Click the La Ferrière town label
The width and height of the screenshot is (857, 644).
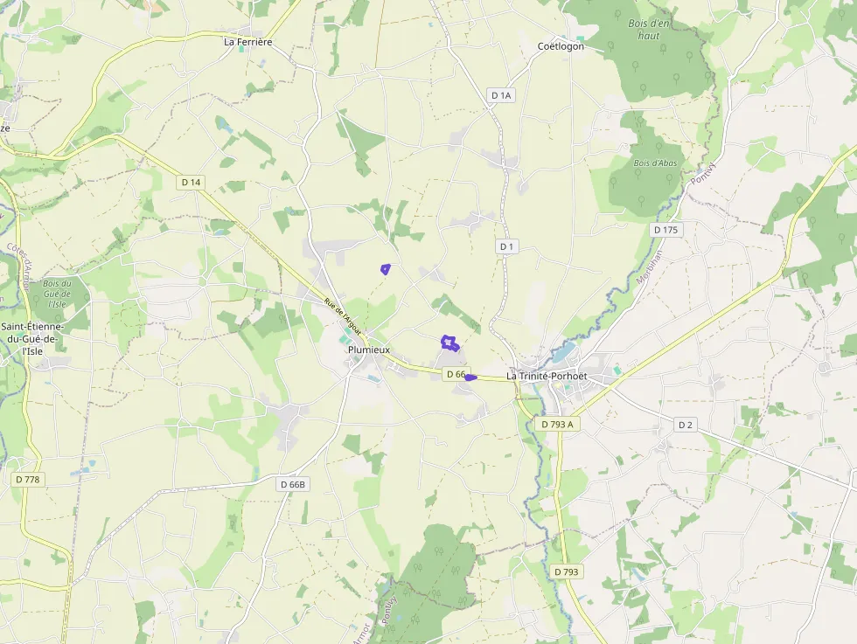[248, 41]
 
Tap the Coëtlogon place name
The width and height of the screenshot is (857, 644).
[561, 46]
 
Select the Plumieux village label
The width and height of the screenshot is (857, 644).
[369, 350]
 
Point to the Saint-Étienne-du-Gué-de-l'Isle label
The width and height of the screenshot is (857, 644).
[31, 339]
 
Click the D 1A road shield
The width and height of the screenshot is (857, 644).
[500, 95]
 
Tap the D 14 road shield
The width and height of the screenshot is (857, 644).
[190, 182]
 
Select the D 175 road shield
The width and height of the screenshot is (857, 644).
[665, 230]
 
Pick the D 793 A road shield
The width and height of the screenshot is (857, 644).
[557, 424]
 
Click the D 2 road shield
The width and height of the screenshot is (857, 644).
[685, 425]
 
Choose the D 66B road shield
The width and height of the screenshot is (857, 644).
[294, 484]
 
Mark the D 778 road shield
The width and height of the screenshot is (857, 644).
[28, 480]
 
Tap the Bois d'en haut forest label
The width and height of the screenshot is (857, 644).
[649, 30]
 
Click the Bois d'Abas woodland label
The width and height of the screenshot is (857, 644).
[655, 163]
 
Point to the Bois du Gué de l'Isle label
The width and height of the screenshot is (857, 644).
[57, 294]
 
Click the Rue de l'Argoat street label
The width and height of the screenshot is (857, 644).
[342, 316]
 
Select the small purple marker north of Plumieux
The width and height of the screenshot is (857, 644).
[385, 269]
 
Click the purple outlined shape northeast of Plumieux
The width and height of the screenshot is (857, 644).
[449, 343]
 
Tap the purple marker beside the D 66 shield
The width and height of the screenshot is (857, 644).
[470, 377]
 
